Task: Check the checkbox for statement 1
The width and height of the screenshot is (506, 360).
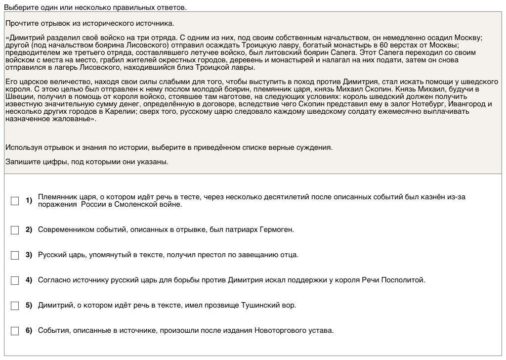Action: [15, 201]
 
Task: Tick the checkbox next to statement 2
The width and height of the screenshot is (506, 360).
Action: [15, 230]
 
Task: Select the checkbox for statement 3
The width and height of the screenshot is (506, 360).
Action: [15, 255]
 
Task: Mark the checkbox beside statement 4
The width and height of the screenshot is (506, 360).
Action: [15, 280]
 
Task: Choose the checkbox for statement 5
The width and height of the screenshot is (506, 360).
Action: [15, 306]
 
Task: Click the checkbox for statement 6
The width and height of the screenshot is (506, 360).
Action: [15, 331]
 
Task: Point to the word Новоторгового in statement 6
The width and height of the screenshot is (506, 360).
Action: [279, 330]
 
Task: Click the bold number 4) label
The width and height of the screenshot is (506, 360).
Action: [29, 280]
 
